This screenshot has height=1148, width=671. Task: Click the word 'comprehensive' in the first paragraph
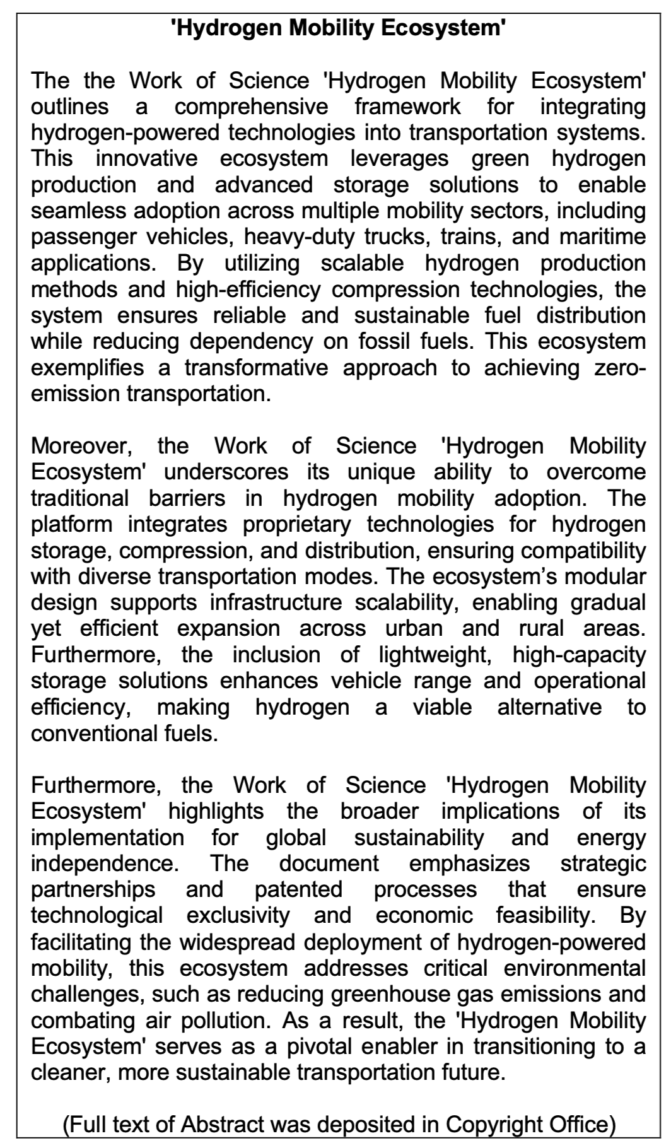[x=251, y=107]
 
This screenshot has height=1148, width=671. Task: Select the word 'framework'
[x=407, y=107]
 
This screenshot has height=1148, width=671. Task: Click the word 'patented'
[x=298, y=889]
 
